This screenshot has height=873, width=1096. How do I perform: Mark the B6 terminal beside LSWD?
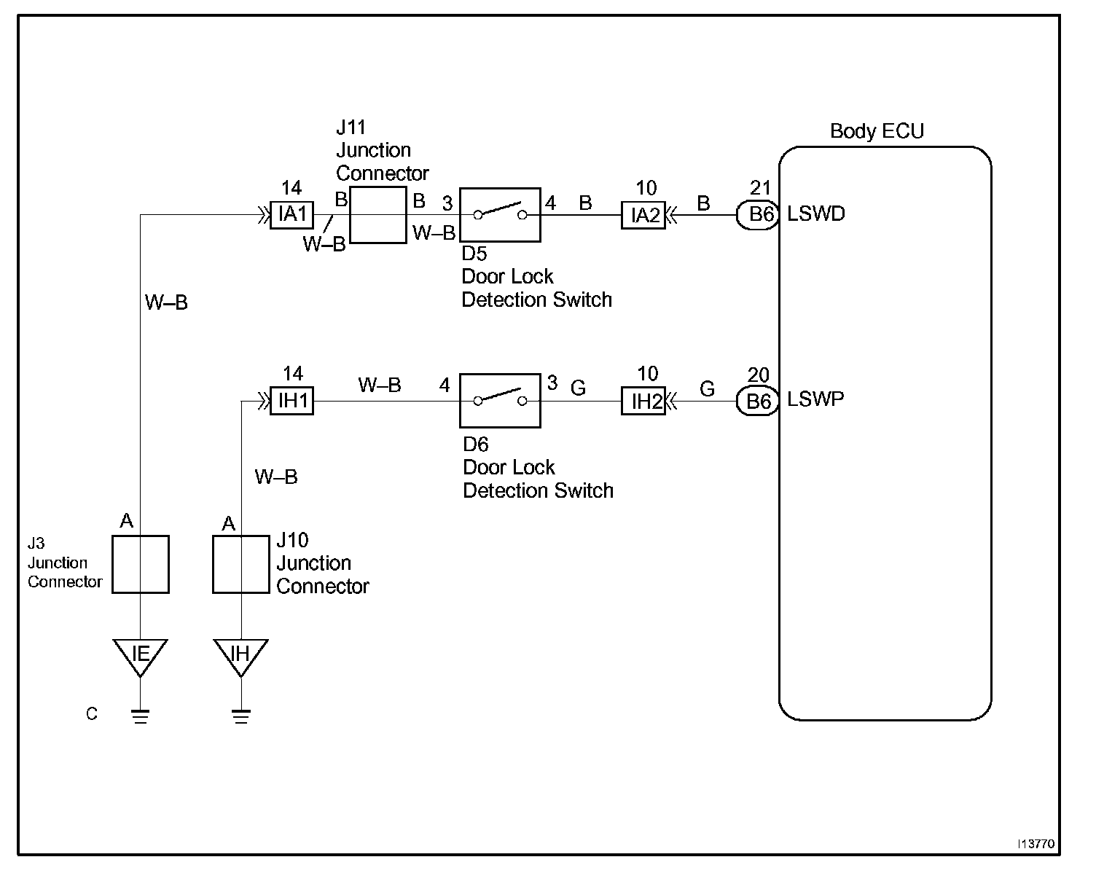(x=758, y=215)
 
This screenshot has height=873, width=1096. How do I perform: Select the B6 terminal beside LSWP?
(x=758, y=402)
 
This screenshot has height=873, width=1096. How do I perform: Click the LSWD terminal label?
(x=816, y=214)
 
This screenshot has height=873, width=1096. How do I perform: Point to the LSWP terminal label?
(x=815, y=399)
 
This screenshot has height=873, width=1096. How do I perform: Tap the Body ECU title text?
(x=877, y=131)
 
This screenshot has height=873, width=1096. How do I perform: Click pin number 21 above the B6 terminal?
(x=760, y=188)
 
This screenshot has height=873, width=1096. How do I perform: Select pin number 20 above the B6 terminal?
(x=759, y=375)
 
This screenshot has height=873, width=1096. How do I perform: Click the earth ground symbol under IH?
(x=241, y=716)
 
